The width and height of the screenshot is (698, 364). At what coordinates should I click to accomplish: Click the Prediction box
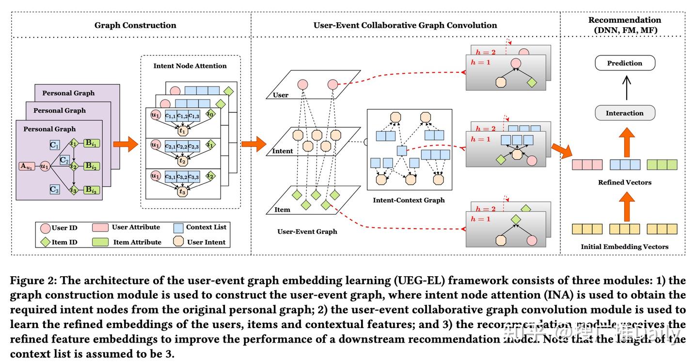click(624, 63)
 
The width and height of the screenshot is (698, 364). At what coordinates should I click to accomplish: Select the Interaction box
click(624, 113)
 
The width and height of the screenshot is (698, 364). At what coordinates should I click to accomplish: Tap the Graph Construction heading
click(135, 25)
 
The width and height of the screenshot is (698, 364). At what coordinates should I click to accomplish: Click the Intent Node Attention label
click(190, 66)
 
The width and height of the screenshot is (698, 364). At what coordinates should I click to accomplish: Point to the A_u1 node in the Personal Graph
click(28, 166)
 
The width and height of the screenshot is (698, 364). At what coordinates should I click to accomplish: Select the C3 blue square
click(54, 189)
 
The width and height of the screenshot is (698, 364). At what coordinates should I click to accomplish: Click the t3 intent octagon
click(182, 192)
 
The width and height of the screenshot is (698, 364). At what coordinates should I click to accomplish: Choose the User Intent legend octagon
click(179, 242)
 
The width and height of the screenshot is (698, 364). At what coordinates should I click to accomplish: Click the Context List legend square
click(178, 228)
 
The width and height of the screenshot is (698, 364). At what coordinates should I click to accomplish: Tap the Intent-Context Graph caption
click(409, 200)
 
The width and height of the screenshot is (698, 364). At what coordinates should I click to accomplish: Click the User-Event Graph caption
click(307, 232)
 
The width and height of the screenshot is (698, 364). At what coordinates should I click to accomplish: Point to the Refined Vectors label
click(624, 182)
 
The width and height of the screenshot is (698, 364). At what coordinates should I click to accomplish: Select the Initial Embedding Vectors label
click(624, 247)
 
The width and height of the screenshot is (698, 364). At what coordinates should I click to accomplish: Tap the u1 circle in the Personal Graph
click(45, 166)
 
